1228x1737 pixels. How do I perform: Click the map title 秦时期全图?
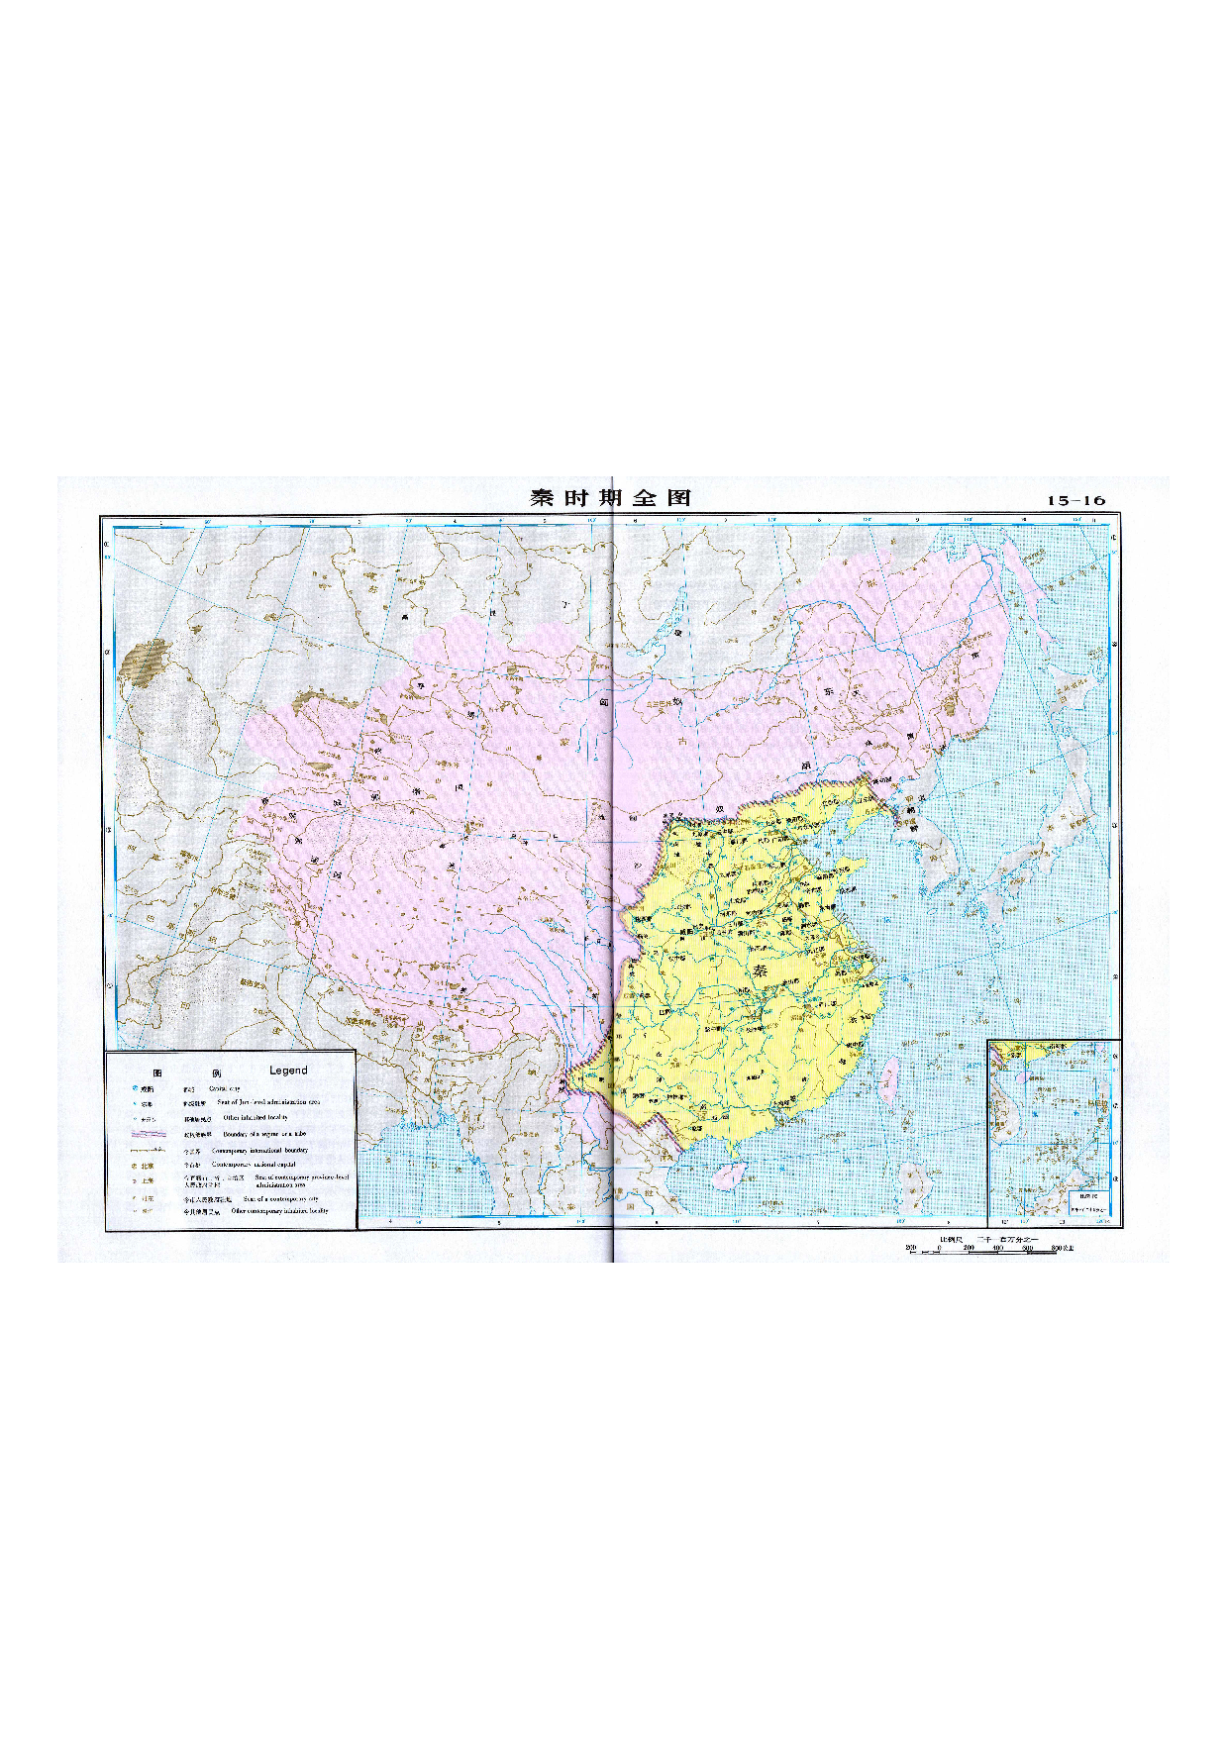610,498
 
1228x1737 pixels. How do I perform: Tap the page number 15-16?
1075,501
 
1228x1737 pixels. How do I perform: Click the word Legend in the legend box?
288,1071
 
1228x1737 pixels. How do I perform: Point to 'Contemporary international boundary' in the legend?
259,1151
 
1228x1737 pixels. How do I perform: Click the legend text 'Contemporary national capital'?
259,1166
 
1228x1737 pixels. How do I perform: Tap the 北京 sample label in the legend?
148,1166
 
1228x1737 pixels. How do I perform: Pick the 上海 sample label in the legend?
148,1180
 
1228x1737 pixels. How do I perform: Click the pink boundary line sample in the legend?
148,1134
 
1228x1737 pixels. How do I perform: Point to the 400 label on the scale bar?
997,1249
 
